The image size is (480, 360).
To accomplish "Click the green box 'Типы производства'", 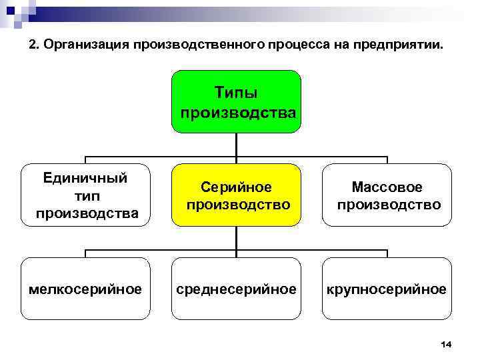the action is pyautogui.click(x=237, y=101).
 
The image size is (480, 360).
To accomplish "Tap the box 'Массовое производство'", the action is pyautogui.click(x=387, y=195).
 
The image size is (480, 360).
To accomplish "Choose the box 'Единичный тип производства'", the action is pyautogui.click(x=87, y=195).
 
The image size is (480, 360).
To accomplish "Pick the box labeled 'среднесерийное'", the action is pyautogui.click(x=237, y=289).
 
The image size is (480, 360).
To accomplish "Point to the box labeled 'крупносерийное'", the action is pyautogui.click(x=387, y=289).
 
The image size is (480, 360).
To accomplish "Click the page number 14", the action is pyautogui.click(x=446, y=344).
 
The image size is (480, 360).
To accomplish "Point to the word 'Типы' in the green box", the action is pyautogui.click(x=237, y=91).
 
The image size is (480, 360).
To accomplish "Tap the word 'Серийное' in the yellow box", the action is pyautogui.click(x=237, y=188).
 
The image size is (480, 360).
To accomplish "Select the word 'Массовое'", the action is pyautogui.click(x=387, y=188).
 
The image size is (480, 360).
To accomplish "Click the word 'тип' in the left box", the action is pyautogui.click(x=87, y=196).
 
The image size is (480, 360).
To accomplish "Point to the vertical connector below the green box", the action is pyautogui.click(x=237, y=144).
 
